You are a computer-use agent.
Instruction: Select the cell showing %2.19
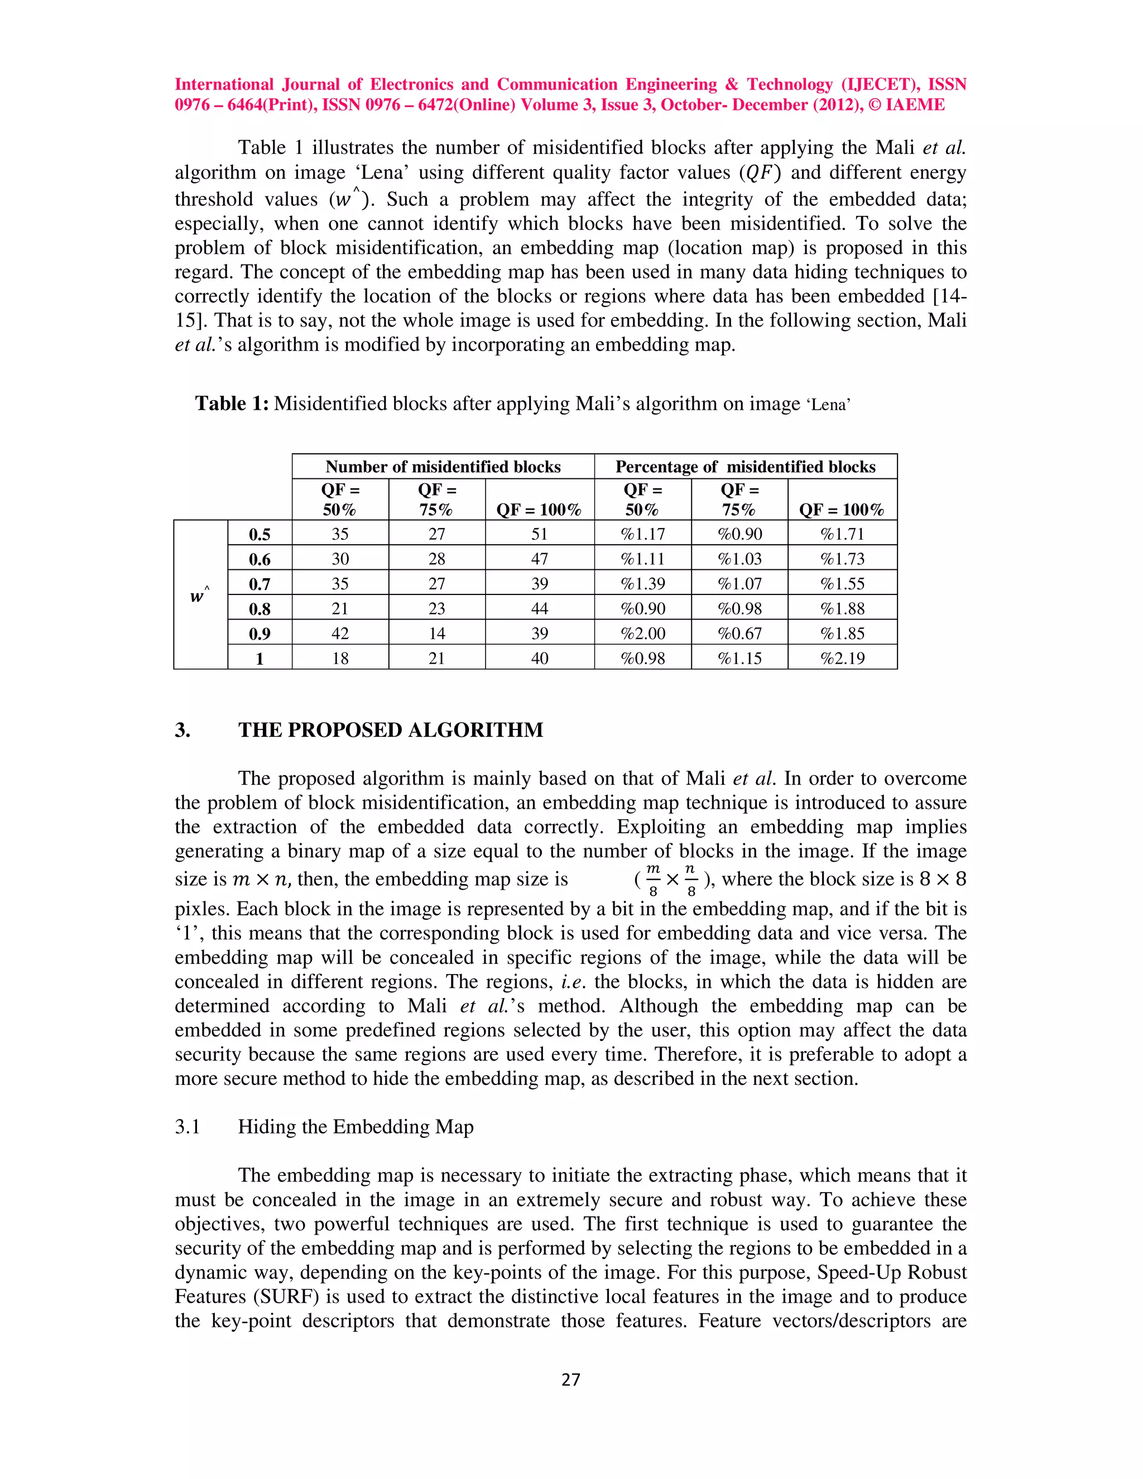(x=842, y=657)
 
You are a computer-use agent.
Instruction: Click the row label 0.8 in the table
(x=260, y=608)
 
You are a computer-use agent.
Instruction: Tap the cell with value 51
(x=539, y=534)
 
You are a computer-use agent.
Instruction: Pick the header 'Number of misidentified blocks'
(x=443, y=467)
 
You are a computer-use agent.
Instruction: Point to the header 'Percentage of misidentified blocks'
(x=745, y=467)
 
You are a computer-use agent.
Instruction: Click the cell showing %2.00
(x=642, y=633)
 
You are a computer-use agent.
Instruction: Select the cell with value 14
(x=437, y=633)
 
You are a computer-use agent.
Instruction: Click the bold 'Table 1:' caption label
(x=232, y=404)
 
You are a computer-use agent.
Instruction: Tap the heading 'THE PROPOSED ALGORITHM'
(x=390, y=730)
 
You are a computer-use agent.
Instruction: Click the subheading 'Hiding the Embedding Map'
(x=356, y=1126)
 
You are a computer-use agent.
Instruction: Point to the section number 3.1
(x=188, y=1126)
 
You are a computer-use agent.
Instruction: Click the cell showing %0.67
(x=739, y=633)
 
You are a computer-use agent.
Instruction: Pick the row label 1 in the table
(x=260, y=657)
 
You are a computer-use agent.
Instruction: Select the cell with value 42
(x=340, y=633)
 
